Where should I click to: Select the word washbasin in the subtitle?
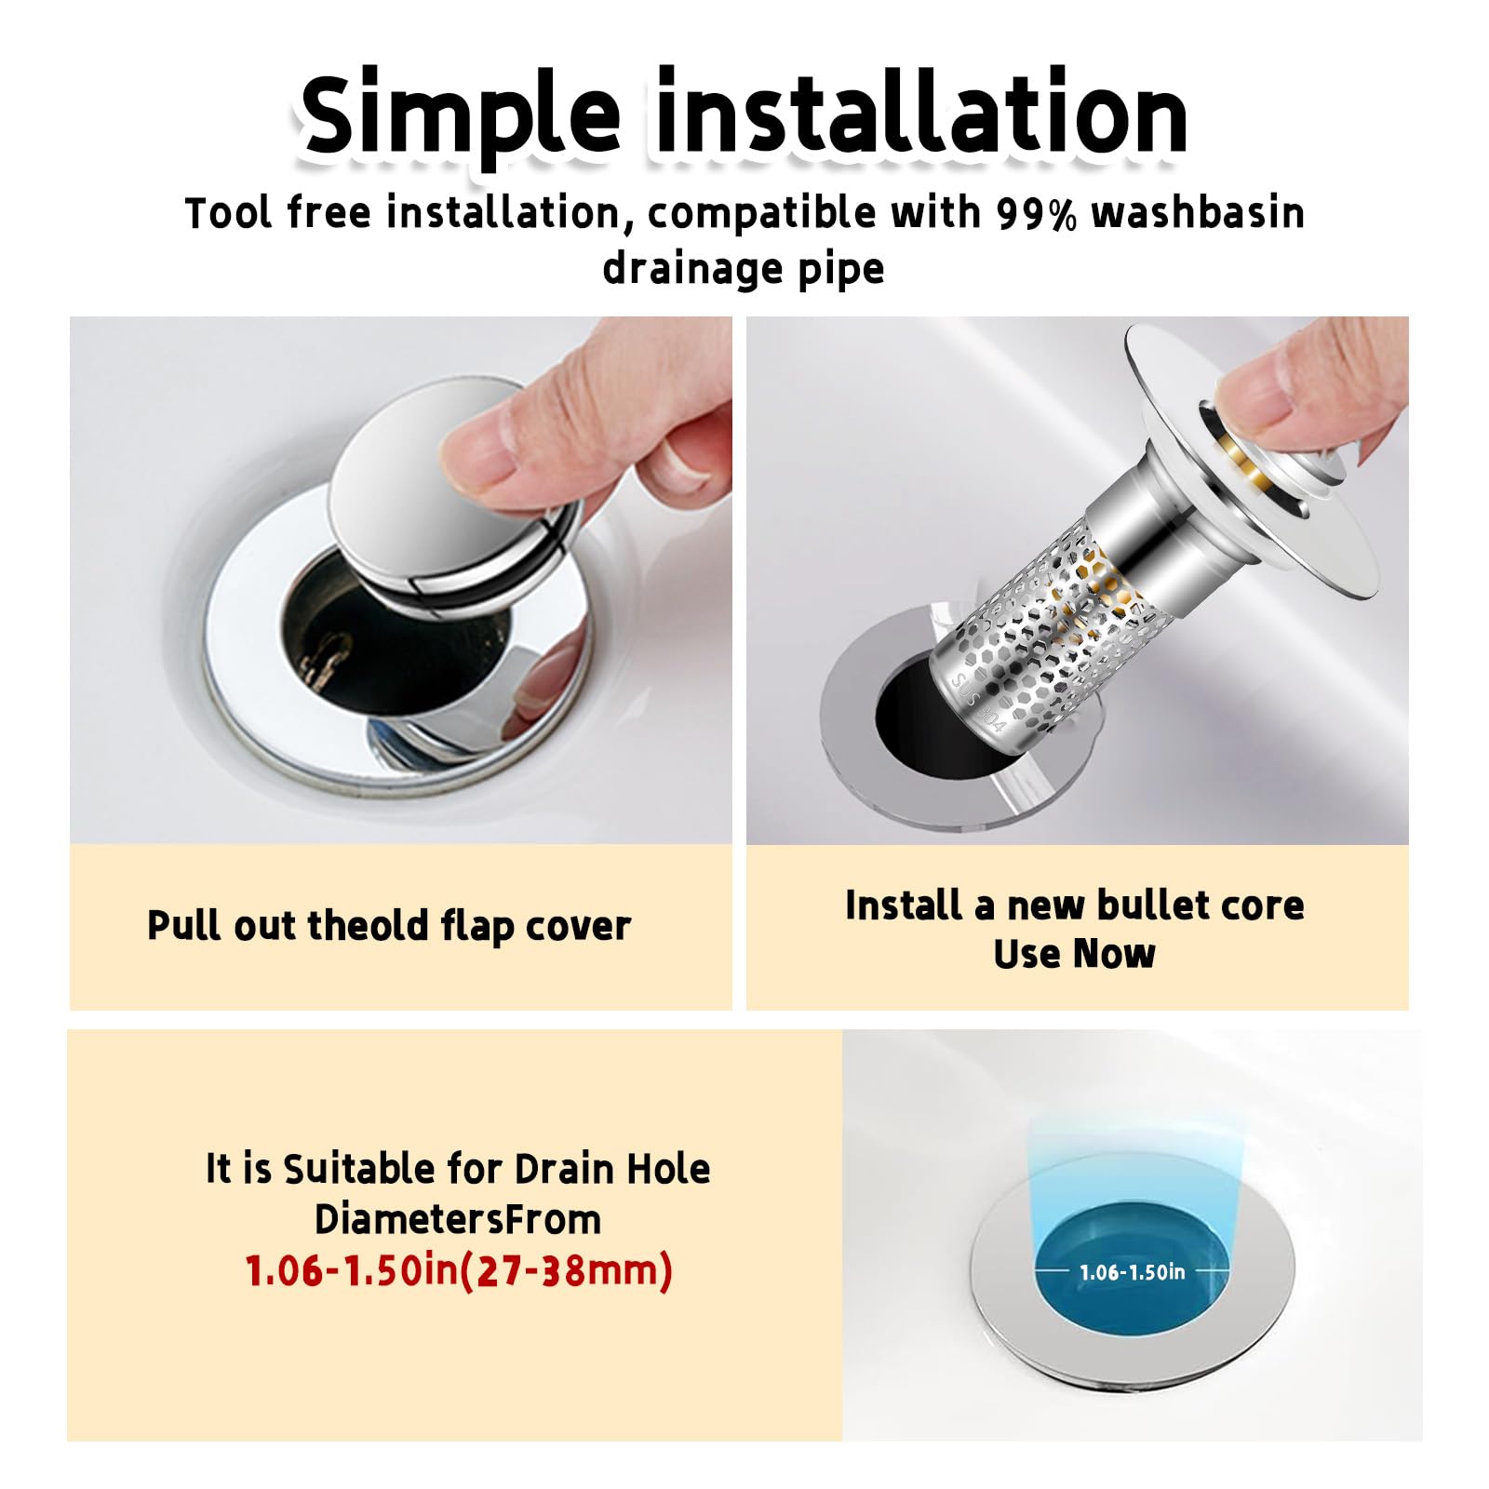coord(1198,212)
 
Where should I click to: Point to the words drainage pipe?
coord(744,270)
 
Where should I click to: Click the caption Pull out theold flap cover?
coord(389,927)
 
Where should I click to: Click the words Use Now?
coord(1075,954)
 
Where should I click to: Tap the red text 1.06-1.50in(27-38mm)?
coord(458,1271)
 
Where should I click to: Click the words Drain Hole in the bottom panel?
coord(612,1169)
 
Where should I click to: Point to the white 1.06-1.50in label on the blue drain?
coord(1133,1272)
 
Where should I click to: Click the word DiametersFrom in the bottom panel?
coord(458,1219)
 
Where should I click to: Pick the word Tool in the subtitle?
coord(229,213)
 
